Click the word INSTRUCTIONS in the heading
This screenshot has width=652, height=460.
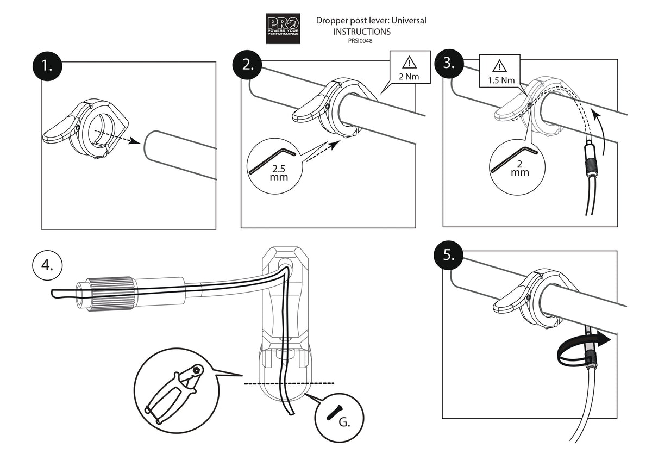pyautogui.click(x=362, y=32)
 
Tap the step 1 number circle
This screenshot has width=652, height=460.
pyautogui.click(x=47, y=67)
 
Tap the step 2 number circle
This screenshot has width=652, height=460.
pyautogui.click(x=248, y=64)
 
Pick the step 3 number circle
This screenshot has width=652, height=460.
pyautogui.click(x=449, y=63)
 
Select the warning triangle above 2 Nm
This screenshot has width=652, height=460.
pyautogui.click(x=410, y=61)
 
